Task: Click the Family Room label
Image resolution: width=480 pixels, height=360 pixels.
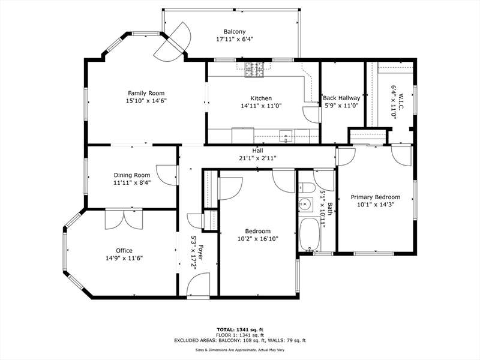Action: [146, 93]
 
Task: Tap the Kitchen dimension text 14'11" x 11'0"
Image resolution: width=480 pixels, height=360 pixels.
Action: [261, 106]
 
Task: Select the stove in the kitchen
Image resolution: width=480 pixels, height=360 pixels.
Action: [254, 70]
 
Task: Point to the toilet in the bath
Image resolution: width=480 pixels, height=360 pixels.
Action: [307, 187]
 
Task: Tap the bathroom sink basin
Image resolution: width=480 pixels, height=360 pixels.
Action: [305, 204]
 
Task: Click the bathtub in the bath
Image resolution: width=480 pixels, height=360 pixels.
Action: [310, 234]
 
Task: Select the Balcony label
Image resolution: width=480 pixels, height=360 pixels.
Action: [235, 32]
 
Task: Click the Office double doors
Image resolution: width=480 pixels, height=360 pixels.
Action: [124, 219]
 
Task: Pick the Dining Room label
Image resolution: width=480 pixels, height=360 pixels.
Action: [132, 175]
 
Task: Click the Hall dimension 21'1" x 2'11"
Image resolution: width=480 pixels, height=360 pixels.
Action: [258, 158]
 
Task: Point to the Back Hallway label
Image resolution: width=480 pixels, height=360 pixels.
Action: [341, 98]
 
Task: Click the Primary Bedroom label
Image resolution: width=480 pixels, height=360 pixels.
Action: [376, 197]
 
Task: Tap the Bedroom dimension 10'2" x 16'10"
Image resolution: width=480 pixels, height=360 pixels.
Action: [258, 239]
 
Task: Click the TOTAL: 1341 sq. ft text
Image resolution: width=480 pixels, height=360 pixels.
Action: [240, 329]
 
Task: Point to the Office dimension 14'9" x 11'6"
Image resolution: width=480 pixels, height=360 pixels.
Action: [124, 258]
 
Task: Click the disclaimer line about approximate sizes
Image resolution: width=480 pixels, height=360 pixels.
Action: [240, 350]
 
